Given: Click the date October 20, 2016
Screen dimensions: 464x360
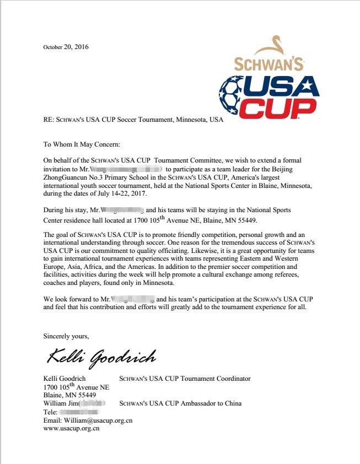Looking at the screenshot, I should tap(66, 47).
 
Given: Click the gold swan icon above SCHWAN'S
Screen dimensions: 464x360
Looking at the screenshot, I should tap(276, 46).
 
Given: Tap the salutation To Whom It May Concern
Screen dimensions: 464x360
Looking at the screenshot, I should tap(81, 144).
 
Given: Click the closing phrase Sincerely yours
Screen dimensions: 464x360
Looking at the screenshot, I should tap(66, 335).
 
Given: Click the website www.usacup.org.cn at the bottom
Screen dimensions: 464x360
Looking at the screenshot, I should tap(71, 428).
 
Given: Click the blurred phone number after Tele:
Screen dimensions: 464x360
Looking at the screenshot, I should tap(78, 412).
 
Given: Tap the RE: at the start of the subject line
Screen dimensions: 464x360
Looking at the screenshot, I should tap(49, 120).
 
